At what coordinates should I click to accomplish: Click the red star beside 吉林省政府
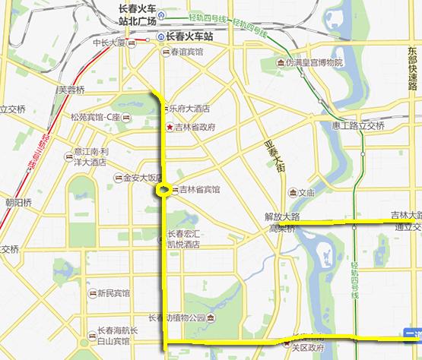point(170,127)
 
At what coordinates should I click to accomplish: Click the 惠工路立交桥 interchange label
point(357,125)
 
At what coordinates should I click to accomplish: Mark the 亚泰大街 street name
point(275,159)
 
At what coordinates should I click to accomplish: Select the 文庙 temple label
point(306,192)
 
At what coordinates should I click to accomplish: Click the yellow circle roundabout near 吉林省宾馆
point(163,191)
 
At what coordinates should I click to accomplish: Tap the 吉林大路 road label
point(405,215)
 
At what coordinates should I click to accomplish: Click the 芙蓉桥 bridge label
point(71,89)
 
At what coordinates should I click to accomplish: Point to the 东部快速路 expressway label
point(411,68)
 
